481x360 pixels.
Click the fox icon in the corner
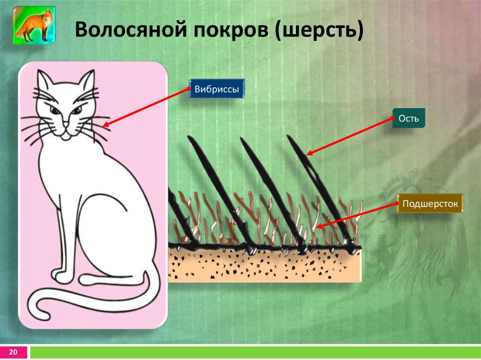point(34,25)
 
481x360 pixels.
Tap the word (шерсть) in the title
point(319,31)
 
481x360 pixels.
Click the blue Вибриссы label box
point(217,89)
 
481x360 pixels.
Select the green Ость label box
point(409,118)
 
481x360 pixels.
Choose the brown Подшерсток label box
point(430,203)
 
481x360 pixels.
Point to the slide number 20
point(13,352)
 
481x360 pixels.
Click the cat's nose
point(66,124)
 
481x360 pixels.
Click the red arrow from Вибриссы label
point(146,107)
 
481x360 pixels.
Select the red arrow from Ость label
point(349,137)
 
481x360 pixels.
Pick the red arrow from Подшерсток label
point(356,215)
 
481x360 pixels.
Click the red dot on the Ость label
point(393,118)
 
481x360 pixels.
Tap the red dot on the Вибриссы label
point(189,89)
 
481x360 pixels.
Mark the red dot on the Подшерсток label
point(397,203)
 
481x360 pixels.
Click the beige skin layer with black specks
point(265,264)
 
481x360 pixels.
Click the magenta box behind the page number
point(14,352)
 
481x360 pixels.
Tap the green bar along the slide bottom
point(255,352)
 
